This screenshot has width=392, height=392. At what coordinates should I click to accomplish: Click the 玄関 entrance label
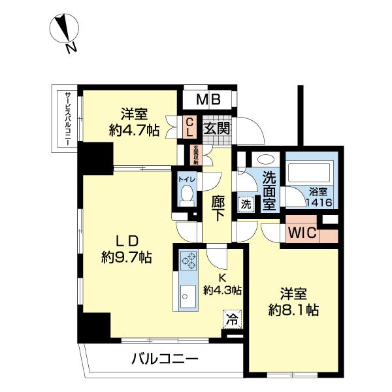216,127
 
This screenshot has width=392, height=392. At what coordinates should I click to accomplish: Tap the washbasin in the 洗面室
266,159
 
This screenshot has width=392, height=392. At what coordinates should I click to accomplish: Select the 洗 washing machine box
246,203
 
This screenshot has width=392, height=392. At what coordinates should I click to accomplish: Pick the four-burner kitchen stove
188,261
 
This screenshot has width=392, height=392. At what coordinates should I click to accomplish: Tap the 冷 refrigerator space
232,319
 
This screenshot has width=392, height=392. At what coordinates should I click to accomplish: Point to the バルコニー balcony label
164,359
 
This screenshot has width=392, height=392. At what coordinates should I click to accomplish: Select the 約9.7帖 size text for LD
127,257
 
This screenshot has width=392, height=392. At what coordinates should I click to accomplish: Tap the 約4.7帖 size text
133,130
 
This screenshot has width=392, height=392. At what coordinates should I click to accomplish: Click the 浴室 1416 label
319,198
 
